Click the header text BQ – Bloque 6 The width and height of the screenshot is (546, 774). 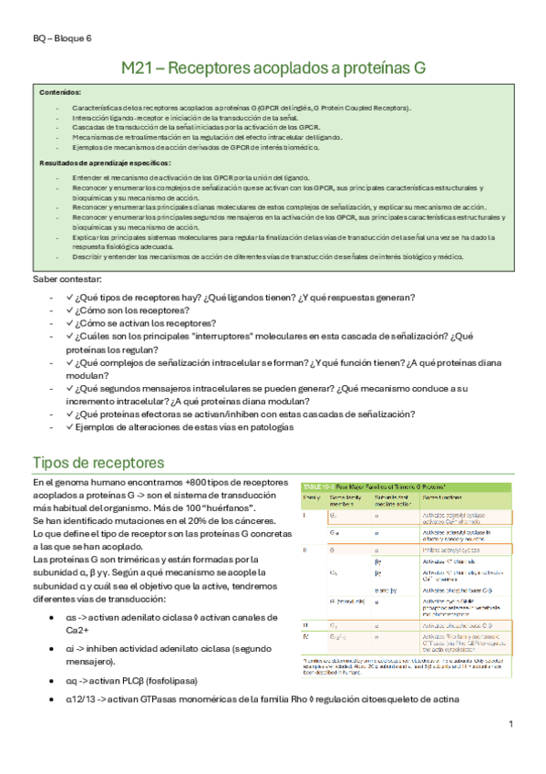(x=62, y=39)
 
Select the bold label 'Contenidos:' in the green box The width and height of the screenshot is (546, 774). (x=60, y=93)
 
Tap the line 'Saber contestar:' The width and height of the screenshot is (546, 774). (x=67, y=277)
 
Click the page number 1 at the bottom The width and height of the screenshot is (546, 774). (x=511, y=723)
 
